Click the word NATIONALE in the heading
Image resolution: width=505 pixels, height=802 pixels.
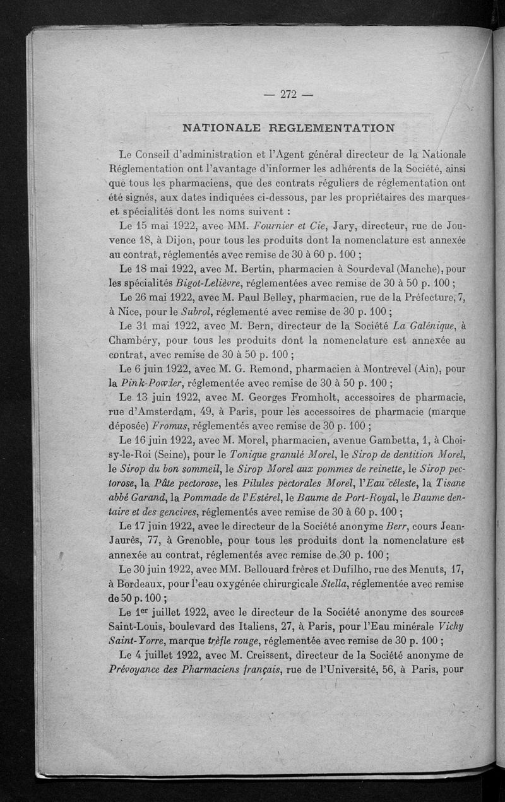click(218, 127)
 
